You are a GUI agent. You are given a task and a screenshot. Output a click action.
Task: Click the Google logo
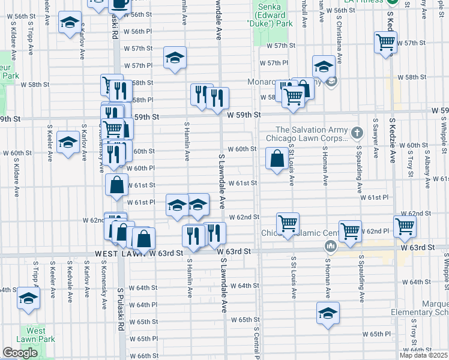(x=20, y=353)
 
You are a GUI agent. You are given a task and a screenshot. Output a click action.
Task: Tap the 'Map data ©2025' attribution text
(x=423, y=355)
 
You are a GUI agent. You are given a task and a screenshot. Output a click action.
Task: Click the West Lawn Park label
(x=36, y=335)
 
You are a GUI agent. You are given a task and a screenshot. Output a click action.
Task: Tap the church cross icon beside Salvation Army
(x=357, y=133)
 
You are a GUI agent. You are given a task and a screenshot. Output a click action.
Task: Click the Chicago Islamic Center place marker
(x=330, y=245)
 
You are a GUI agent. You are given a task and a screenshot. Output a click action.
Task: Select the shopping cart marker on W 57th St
(x=385, y=43)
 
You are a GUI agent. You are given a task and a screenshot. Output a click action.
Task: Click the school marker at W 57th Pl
(x=175, y=58)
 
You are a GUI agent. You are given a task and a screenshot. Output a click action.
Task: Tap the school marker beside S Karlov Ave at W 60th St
(x=68, y=143)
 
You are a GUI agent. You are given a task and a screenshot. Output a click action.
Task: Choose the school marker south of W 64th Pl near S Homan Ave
(x=328, y=313)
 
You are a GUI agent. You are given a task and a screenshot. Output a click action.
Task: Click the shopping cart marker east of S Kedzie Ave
(x=405, y=227)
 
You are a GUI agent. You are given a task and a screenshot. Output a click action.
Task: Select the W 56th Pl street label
(x=138, y=31)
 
